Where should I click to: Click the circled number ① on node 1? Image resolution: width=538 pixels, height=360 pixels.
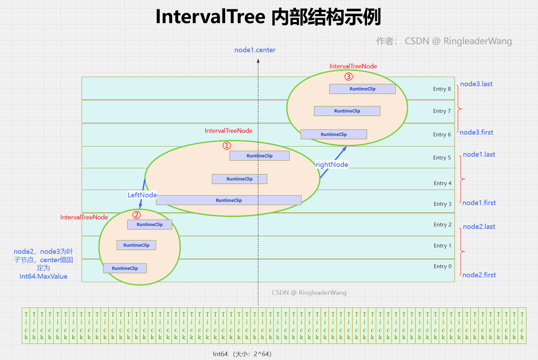227,146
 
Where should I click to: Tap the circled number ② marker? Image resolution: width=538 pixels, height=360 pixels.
137,215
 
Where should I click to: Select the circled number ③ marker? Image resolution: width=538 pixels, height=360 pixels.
349,77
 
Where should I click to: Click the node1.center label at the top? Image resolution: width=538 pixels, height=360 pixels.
255,50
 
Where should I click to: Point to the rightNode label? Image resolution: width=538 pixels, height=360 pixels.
332,164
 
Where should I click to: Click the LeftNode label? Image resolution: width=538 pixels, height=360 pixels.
142,195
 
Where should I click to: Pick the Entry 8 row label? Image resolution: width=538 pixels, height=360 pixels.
442,89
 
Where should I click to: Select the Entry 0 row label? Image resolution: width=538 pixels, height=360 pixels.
442,266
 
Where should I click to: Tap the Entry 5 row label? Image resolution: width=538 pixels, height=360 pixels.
442,158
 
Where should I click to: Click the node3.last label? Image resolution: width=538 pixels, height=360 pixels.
476,84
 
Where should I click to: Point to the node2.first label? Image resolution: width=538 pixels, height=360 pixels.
479,275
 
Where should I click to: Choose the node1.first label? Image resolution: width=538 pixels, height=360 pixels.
479,203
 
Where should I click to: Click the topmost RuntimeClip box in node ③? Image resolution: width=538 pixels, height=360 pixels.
362,89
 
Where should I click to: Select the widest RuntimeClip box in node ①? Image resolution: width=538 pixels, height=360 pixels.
229,200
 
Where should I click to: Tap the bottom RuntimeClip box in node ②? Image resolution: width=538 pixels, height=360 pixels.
125,268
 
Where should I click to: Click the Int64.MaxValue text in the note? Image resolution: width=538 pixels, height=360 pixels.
43,277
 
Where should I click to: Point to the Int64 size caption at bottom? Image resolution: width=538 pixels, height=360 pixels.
242,354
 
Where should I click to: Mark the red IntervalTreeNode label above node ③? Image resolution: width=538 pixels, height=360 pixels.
353,67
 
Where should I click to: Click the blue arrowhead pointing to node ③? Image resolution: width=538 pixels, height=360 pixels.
344,148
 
